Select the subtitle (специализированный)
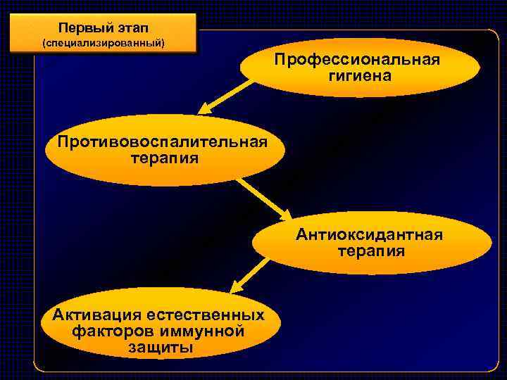click(104, 44)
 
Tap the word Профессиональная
click(357, 60)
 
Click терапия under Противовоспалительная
click(165, 158)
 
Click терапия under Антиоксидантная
click(371, 251)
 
